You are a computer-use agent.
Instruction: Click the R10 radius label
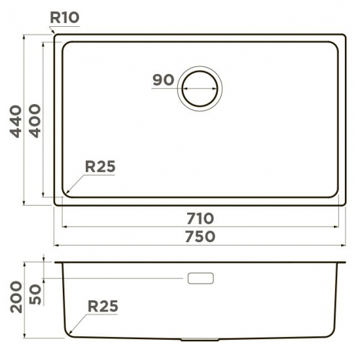(x=65, y=18)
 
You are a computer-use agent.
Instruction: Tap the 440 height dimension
(x=16, y=122)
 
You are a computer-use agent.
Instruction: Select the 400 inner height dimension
(x=35, y=121)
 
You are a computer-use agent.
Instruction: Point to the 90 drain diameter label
(x=164, y=80)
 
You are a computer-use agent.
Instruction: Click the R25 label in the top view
(x=100, y=166)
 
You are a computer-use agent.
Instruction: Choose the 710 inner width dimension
(x=200, y=219)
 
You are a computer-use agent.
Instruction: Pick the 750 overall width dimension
(x=200, y=236)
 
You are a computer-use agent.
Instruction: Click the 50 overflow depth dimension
(x=35, y=295)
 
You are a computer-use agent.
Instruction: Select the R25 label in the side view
(x=103, y=306)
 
